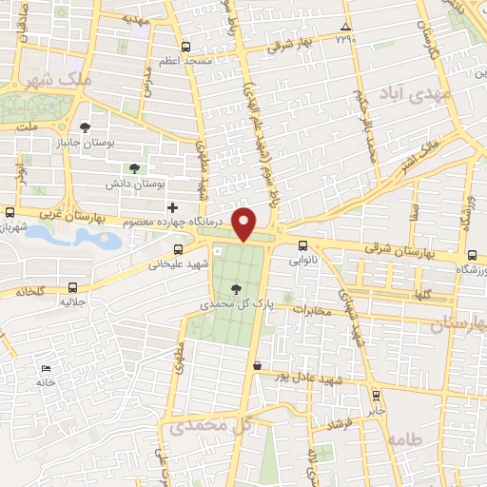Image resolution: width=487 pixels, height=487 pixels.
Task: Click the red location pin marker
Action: click(x=244, y=224)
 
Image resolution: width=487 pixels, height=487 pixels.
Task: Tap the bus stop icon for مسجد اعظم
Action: click(x=186, y=46)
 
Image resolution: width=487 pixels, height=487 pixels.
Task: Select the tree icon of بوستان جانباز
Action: click(x=86, y=127)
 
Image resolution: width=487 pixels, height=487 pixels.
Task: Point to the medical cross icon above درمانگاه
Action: click(x=172, y=207)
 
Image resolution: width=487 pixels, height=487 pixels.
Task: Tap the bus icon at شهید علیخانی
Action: click(x=177, y=250)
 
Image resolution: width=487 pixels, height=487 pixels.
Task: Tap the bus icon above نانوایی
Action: click(x=302, y=245)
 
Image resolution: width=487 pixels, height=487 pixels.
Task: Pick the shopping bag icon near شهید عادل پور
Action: click(x=257, y=364)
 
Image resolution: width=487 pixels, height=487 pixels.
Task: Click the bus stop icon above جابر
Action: click(x=377, y=394)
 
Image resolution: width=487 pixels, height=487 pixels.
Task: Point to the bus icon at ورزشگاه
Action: click(x=473, y=255)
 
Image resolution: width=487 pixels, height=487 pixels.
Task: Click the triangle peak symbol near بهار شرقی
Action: click(x=346, y=27)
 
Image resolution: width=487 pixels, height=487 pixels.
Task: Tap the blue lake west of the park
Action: click(x=71, y=236)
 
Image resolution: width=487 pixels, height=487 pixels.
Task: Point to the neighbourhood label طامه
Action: click(x=404, y=439)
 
